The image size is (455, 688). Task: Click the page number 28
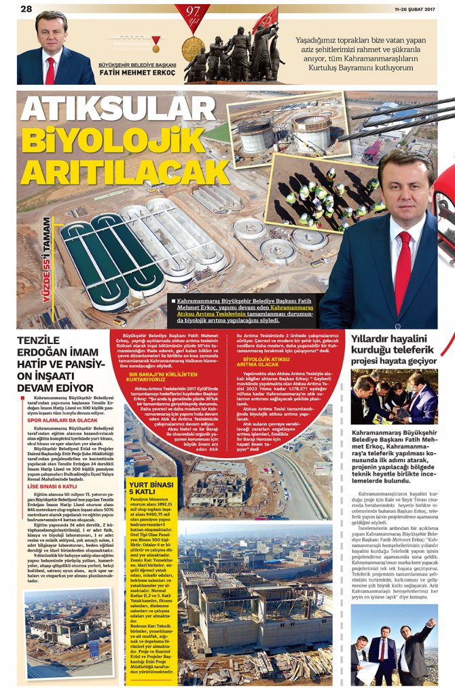pyautogui.click(x=26, y=8)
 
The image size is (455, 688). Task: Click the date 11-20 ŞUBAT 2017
pyautogui.click(x=414, y=8)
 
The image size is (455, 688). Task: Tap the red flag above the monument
pyautogui.click(x=266, y=19)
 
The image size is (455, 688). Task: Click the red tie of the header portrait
pyautogui.click(x=50, y=71)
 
